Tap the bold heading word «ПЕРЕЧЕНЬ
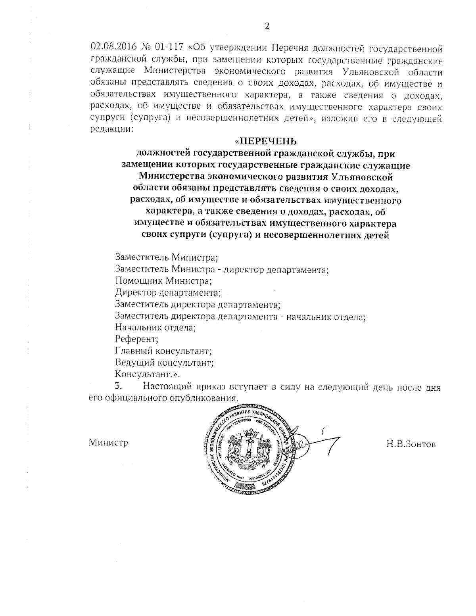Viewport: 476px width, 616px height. pyautogui.click(x=265, y=142)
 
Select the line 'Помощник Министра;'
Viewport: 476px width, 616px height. pyautogui.click(x=163, y=281)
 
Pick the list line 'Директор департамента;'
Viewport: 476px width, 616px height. pyautogui.click(x=167, y=293)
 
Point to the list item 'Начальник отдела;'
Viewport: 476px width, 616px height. pyautogui.click(x=156, y=328)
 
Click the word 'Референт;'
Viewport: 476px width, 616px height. pyautogui.click(x=136, y=339)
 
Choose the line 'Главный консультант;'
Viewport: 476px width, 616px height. pyautogui.click(x=163, y=351)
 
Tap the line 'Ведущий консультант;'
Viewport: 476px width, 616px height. pyautogui.click(x=164, y=363)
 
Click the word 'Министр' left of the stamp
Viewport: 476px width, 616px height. pyautogui.click(x=108, y=442)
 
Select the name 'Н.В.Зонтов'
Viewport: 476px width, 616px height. pyautogui.click(x=411, y=444)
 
